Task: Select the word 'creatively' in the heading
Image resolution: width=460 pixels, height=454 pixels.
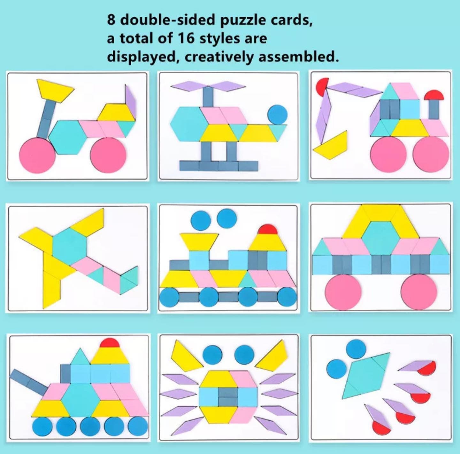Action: [218, 57]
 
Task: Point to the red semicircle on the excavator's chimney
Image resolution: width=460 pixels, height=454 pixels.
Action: [434, 95]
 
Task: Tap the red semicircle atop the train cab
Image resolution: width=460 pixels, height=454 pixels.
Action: [267, 229]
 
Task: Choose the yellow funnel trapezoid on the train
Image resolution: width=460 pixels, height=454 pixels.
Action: [199, 242]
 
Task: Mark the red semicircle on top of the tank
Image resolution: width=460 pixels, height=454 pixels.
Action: [110, 343]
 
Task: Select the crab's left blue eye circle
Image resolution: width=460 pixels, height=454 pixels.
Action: [212, 354]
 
